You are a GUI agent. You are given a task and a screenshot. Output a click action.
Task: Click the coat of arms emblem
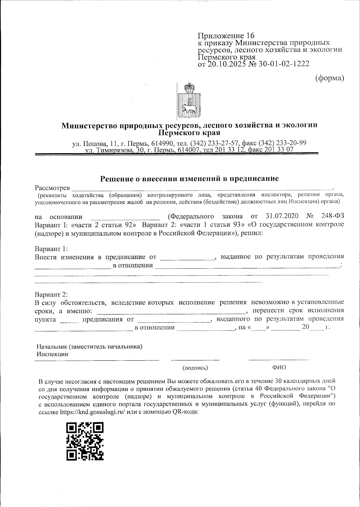(190, 101)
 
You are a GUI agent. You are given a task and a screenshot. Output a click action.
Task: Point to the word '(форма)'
(329, 78)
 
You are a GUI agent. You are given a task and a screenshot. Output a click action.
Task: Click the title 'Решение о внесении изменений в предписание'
(189, 179)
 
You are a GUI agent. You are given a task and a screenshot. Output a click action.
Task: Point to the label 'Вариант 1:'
(52, 249)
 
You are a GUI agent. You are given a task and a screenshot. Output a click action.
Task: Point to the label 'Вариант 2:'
(52, 294)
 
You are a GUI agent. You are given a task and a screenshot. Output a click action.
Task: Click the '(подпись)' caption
(195, 368)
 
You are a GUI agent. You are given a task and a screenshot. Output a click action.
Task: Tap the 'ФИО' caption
(279, 368)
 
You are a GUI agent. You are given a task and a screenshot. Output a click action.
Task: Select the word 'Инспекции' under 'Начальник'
(52, 354)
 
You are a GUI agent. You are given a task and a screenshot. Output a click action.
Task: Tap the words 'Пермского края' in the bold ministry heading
(189, 132)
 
